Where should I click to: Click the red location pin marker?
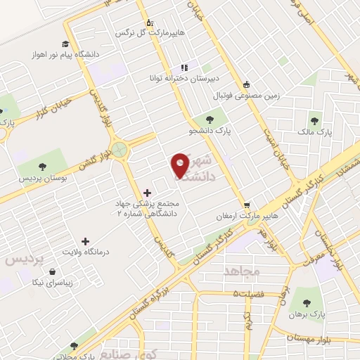click(180, 164)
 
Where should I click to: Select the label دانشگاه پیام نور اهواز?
click(59, 54)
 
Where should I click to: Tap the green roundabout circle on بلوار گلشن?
click(121, 149)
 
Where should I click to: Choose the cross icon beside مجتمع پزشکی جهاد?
click(146, 193)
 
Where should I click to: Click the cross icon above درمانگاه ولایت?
click(86, 241)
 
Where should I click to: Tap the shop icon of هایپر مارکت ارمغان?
click(247, 205)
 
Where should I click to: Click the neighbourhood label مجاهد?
click(242, 271)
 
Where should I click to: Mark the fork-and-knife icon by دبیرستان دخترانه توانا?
click(184, 67)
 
